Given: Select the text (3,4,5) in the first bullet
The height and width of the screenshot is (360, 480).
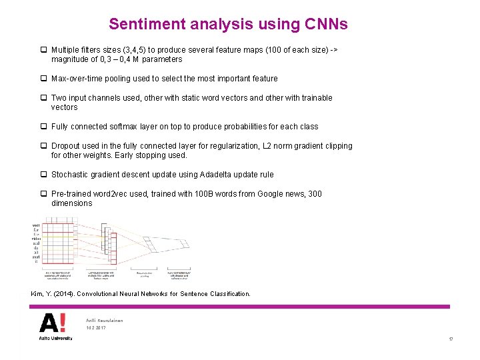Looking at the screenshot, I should tap(135, 49).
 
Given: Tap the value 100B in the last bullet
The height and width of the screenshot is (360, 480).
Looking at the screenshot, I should tap(205, 194).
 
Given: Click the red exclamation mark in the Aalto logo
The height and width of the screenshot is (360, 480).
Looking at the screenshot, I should tap(63, 323).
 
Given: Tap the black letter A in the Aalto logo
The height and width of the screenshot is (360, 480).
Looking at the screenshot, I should tap(48, 323).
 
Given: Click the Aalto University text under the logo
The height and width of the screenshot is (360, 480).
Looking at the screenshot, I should tap(52, 339).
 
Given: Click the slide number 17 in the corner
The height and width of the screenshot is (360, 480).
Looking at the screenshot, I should tap(451, 340).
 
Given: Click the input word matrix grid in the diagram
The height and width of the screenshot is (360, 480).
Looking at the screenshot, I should tap(51, 241).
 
